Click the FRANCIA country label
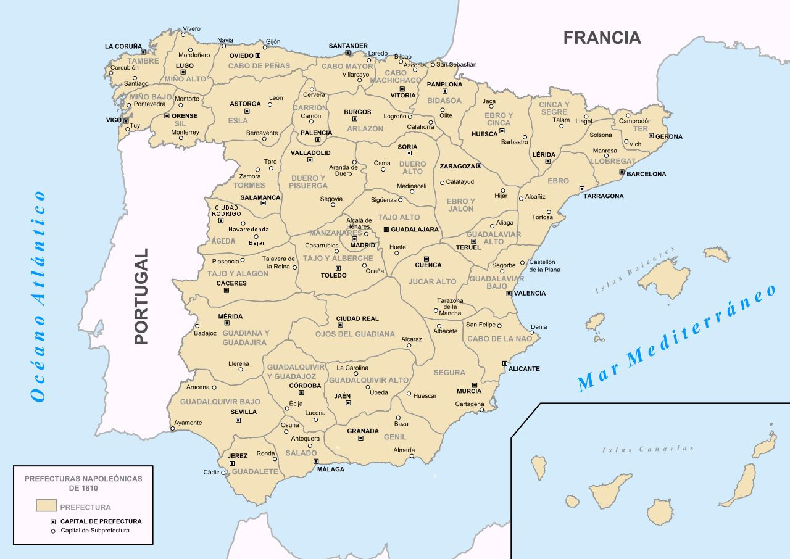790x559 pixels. [602, 38]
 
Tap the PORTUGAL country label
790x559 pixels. [141, 296]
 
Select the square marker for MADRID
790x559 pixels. [354, 237]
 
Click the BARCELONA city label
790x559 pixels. [646, 174]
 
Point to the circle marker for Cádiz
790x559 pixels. [223, 473]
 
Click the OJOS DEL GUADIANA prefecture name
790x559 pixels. [354, 334]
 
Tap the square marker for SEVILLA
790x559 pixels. [238, 420]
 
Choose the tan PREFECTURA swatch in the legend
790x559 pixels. [46, 505]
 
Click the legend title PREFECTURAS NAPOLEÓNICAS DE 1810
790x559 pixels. [83, 483]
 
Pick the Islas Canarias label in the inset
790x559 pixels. [648, 449]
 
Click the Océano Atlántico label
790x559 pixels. [39, 296]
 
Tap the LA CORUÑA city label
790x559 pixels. [123, 46]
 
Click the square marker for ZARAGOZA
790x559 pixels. [478, 165]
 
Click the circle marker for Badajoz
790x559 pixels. [197, 326]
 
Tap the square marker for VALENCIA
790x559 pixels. [509, 293]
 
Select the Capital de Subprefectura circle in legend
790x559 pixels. [53, 531]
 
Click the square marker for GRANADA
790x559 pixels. [360, 438]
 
